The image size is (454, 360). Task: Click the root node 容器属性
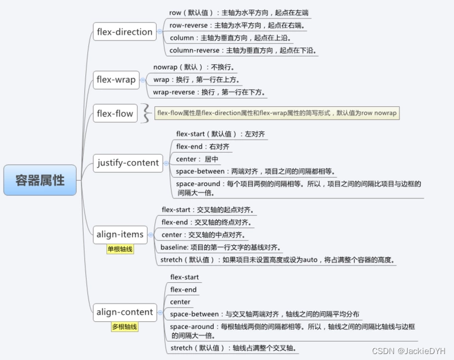[40, 180]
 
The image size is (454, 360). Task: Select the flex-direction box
[124, 31]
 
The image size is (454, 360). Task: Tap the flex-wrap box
[116, 80]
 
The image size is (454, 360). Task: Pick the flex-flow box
[115, 113]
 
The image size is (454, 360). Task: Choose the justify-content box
[128, 163]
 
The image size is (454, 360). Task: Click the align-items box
[119, 234]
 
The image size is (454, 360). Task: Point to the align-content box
[124, 312]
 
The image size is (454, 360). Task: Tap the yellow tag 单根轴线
[120, 250]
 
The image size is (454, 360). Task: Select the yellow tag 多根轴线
[124, 327]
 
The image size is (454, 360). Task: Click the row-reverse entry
[238, 26]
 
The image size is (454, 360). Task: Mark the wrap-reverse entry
[209, 92]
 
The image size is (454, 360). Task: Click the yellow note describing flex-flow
[277, 113]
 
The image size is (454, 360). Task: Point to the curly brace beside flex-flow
[145, 113]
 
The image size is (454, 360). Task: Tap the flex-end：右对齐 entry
[202, 146]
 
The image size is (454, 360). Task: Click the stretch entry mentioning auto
[277, 260]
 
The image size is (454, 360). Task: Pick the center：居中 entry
[198, 159]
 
